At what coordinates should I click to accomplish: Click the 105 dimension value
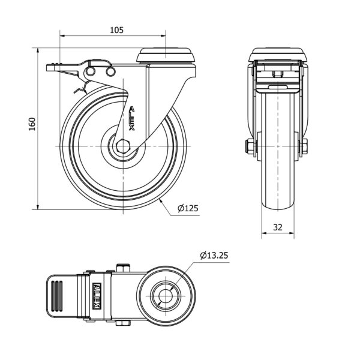tap(116, 30)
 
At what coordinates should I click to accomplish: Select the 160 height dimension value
tap(32, 124)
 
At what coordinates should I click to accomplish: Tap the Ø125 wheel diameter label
tap(188, 208)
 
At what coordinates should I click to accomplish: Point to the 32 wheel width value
tap(278, 227)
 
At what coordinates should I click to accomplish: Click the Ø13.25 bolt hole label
tap(214, 255)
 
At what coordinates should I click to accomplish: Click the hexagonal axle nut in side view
tap(123, 146)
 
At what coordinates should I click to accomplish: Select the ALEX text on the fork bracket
tap(132, 118)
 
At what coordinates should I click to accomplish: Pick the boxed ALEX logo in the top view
tap(97, 296)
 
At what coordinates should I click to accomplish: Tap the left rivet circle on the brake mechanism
tap(91, 71)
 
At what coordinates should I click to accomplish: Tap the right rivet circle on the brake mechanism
tap(110, 71)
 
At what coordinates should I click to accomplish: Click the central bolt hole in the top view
tap(166, 296)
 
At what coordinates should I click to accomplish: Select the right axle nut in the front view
tap(304, 146)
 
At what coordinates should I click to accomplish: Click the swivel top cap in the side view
tap(166, 55)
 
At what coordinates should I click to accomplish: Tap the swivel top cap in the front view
tap(278, 55)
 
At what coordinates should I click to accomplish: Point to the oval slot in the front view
tap(278, 87)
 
